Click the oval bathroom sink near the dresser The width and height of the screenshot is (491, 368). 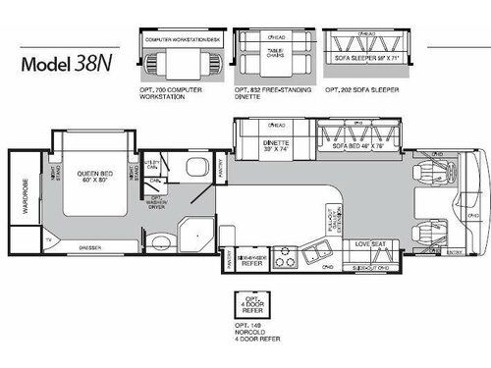(156, 240)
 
